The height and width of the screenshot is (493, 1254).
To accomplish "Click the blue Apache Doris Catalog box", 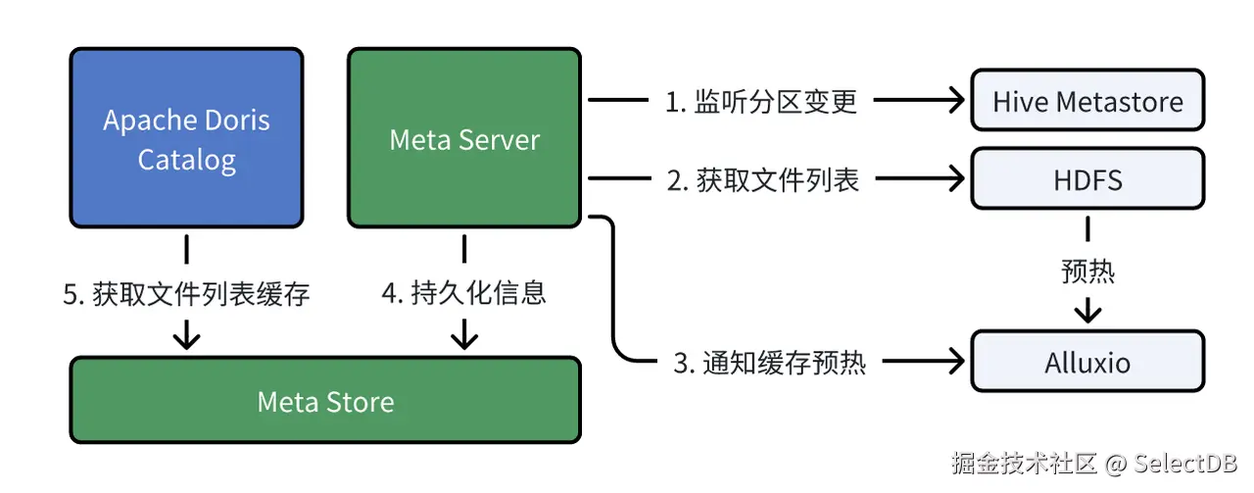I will (x=186, y=137).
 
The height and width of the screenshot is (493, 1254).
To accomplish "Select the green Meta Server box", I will (x=463, y=137).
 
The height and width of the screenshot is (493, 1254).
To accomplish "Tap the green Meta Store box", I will (x=325, y=401).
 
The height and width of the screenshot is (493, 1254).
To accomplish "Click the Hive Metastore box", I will (x=1087, y=100).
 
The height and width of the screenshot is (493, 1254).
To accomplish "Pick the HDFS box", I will (x=1087, y=178).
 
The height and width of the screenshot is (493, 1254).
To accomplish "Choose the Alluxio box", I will (x=1087, y=362).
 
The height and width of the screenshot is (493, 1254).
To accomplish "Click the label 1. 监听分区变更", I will (x=761, y=101).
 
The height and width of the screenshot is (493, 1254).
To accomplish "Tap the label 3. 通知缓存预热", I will (x=770, y=362).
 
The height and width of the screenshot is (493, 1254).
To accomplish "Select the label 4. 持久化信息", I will (x=463, y=292).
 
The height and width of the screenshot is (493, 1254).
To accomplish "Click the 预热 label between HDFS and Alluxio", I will (x=1087, y=270).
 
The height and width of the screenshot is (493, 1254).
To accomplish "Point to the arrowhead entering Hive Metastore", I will (x=954, y=100).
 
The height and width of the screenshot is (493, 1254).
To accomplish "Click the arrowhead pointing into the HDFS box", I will (x=954, y=178).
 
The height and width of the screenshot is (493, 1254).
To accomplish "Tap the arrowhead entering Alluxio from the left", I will (x=954, y=362).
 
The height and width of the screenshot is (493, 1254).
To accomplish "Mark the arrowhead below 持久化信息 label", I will (x=463, y=338).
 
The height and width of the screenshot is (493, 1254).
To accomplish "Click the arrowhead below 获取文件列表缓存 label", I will (x=186, y=338).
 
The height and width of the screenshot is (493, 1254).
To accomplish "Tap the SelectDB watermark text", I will (x=1185, y=463).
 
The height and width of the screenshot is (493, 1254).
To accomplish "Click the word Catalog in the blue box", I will (x=186, y=160).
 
